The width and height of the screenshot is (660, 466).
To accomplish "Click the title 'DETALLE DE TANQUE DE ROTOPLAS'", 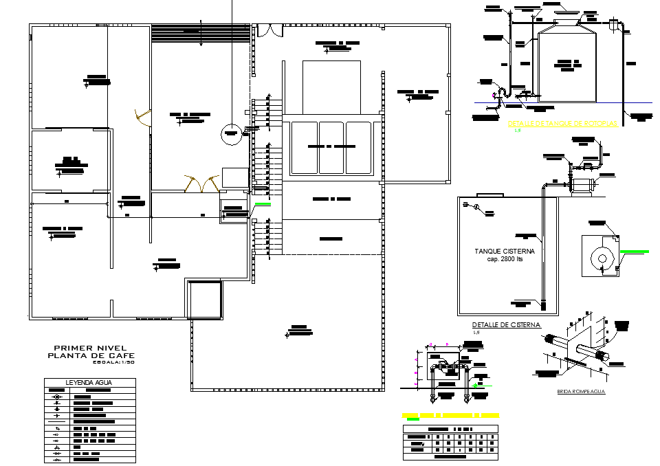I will tap(562, 124).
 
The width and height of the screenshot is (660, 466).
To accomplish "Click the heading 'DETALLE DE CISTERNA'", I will tap(506, 325).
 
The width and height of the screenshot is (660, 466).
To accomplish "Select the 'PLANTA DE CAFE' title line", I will tap(91, 355).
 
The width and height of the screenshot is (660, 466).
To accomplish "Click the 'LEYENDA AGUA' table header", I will tap(89, 382).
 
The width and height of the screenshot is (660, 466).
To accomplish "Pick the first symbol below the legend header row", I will tap(58, 397).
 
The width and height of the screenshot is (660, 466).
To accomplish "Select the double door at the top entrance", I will tap(269, 31).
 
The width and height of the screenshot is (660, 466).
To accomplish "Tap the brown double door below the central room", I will tap(201, 183).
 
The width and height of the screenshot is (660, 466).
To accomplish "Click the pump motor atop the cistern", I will tap(583, 185).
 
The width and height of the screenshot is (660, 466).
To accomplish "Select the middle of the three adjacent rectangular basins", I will tap(331, 148).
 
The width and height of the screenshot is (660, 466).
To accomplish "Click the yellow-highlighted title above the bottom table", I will tap(450, 416).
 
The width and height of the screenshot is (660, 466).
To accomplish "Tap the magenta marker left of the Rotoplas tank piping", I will tap(493, 94).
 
